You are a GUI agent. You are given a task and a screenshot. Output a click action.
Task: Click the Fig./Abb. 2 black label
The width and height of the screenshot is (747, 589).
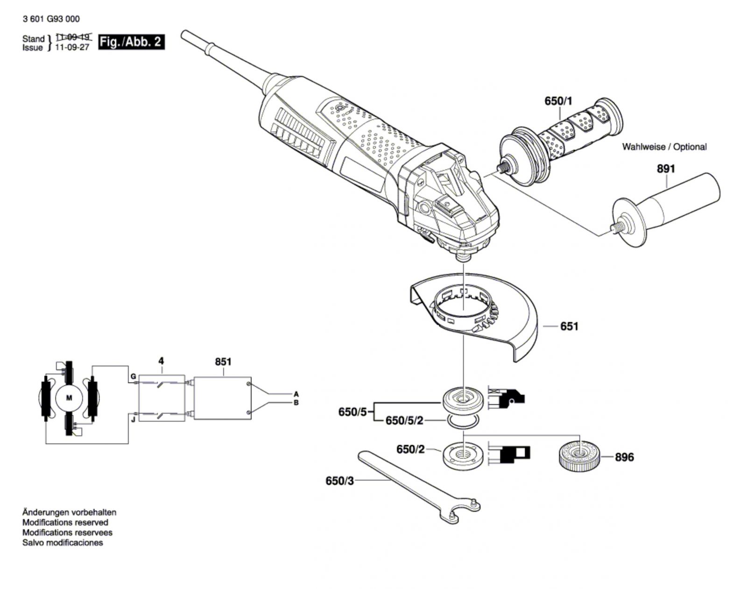[x=131, y=42]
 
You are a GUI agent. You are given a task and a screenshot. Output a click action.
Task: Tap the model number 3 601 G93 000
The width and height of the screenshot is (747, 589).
[x=51, y=19]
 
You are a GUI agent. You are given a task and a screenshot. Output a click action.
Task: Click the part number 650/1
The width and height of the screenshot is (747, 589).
[x=558, y=101]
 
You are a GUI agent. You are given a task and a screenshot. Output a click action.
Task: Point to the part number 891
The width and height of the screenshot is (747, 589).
[x=666, y=169]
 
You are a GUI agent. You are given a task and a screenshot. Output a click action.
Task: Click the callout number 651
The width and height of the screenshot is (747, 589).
[x=569, y=326]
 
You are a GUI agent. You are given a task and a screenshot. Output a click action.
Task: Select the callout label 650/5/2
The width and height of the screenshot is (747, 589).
[x=404, y=421]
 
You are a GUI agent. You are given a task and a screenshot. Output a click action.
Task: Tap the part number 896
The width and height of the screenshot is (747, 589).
[x=625, y=457]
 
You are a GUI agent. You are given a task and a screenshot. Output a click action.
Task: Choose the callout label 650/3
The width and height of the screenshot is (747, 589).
[x=339, y=481]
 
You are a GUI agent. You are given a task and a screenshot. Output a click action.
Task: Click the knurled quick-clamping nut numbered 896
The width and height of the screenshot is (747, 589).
[x=578, y=456]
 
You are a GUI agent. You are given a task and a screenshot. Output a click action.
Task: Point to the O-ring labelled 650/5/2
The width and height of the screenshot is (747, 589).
[x=463, y=421]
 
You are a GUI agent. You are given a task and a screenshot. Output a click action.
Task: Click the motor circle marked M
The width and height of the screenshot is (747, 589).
[x=70, y=398]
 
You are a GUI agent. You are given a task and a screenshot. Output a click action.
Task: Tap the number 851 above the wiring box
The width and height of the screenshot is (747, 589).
[x=223, y=362]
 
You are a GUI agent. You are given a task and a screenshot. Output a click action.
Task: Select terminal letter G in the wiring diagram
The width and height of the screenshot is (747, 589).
[x=134, y=376]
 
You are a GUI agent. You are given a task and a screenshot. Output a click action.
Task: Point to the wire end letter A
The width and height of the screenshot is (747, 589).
[x=296, y=394]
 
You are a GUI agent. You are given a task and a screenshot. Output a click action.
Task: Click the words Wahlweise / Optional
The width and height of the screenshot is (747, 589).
[x=664, y=147]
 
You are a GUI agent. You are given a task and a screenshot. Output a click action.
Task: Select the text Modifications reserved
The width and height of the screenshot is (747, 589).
[x=65, y=522]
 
